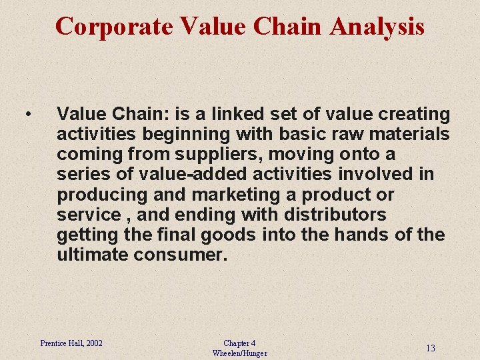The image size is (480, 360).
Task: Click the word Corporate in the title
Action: (114, 27)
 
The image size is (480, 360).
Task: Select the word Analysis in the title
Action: (377, 27)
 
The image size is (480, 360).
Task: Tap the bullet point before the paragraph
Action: (27, 115)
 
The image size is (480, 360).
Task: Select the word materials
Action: (409, 134)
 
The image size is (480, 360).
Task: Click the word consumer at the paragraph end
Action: (180, 255)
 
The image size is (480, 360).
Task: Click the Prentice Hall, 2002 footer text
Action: (71, 343)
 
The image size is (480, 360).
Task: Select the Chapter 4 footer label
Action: (239, 343)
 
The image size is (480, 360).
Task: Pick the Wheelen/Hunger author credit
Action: (239, 353)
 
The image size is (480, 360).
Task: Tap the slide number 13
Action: (431, 348)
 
